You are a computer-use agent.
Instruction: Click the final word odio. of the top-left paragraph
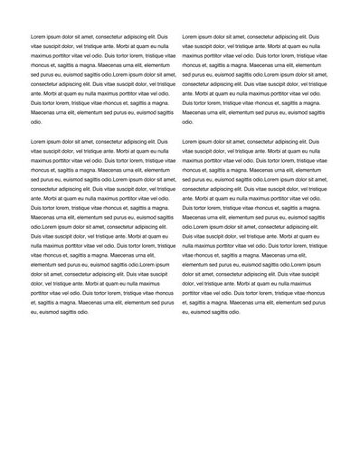tap(37, 121)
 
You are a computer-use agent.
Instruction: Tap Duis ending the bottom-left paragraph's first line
tap(163, 142)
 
